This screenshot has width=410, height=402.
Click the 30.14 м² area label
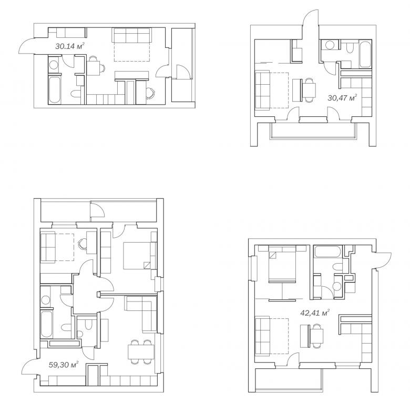pyautogui.click(x=70, y=46)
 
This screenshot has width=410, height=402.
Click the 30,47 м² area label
pyautogui.click(x=342, y=98)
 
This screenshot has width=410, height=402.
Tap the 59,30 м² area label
pyautogui.click(x=64, y=365)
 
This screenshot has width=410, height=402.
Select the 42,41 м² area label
pyautogui.click(x=315, y=313)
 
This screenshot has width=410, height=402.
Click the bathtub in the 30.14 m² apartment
pyautogui.click(x=55, y=90)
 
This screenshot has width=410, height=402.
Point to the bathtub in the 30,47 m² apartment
pyautogui.click(x=365, y=54)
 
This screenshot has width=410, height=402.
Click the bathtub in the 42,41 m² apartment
pyautogui.click(x=328, y=252)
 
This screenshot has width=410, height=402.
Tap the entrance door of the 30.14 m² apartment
pyautogui.click(x=27, y=46)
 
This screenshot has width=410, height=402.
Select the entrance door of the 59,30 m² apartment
pyautogui.click(x=29, y=367)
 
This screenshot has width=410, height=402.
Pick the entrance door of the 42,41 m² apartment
pyautogui.click(x=383, y=260)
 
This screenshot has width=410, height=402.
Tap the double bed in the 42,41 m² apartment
pyautogui.click(x=282, y=265)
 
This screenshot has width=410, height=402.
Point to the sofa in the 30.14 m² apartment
pyautogui.click(x=131, y=35)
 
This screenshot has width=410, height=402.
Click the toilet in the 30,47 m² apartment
pyautogui.click(x=350, y=47)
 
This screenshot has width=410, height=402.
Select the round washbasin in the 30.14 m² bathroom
pyautogui.click(x=54, y=65)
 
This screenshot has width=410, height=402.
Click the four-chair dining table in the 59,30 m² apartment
pyautogui.click(x=141, y=351)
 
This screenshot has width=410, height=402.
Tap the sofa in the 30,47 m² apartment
pyautogui.click(x=263, y=91)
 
